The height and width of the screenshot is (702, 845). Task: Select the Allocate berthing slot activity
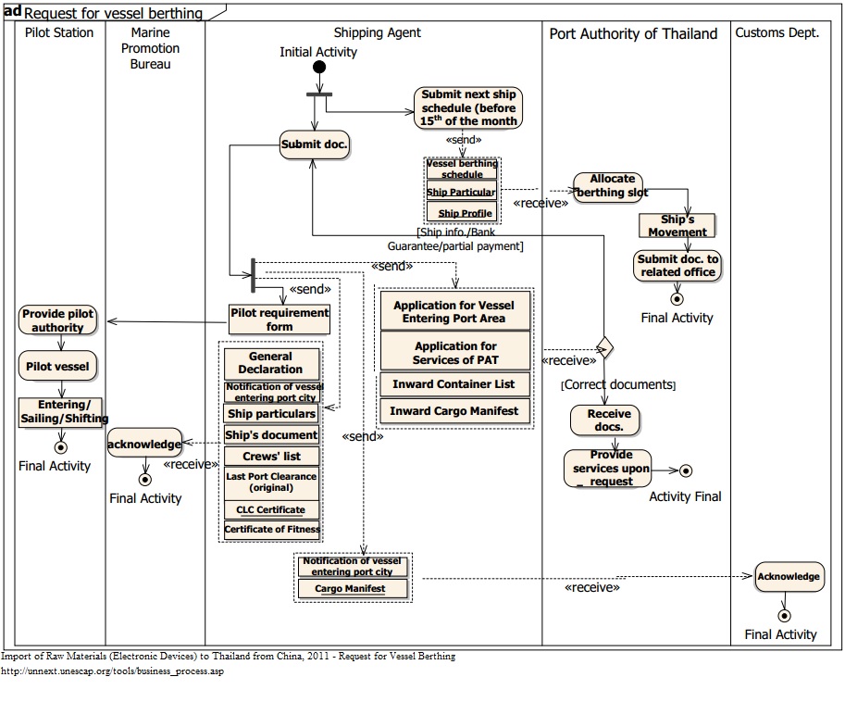(x=609, y=186)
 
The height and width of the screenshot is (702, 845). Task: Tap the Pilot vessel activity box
(x=57, y=366)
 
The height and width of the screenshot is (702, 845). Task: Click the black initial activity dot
(x=319, y=67)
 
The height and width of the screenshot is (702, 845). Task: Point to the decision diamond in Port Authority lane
(x=604, y=347)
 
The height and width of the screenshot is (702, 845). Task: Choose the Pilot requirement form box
(x=280, y=320)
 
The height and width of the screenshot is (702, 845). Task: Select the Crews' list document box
(x=271, y=457)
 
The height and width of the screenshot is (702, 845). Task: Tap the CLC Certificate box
(x=271, y=509)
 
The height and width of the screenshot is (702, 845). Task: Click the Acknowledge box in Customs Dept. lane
(x=789, y=577)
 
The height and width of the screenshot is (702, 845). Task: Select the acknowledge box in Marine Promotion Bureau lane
(x=144, y=444)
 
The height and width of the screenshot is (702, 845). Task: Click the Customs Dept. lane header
(x=777, y=33)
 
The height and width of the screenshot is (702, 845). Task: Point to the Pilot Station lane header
(x=59, y=33)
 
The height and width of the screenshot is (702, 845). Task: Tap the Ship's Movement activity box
(x=677, y=226)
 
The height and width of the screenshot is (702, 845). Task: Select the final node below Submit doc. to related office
(x=677, y=298)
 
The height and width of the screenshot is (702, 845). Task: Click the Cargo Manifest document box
(x=349, y=588)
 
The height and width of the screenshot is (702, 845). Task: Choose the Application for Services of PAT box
(x=455, y=353)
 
